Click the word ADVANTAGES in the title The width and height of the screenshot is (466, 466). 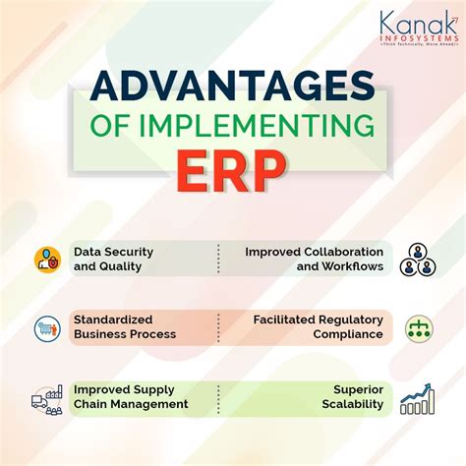tap(233, 87)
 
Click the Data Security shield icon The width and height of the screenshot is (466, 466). tap(46, 259)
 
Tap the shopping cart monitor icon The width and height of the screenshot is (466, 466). tap(46, 327)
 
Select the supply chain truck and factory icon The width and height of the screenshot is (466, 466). tap(46, 397)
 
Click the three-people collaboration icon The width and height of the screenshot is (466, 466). tap(417, 259)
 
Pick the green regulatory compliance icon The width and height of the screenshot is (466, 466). tap(418, 327)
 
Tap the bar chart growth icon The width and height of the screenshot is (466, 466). tap(417, 397)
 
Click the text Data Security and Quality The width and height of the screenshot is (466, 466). tap(113, 259)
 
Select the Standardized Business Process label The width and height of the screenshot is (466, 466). tap(125, 327)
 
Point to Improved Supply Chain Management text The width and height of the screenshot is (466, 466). tap(131, 397)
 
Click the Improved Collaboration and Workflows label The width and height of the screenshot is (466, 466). tap(314, 259)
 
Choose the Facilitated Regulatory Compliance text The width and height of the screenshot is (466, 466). tap(318, 327)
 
